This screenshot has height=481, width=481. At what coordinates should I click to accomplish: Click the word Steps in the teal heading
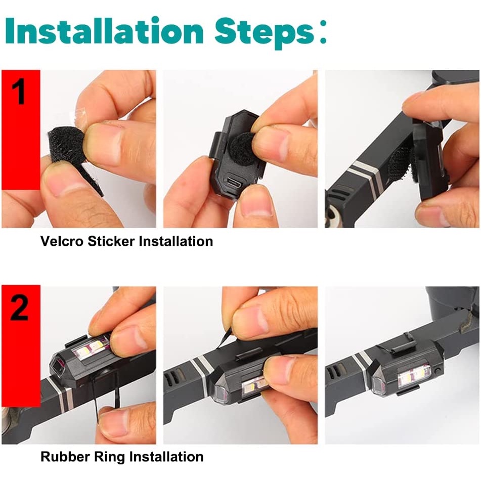click(265, 33)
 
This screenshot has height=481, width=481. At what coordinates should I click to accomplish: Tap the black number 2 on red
click(19, 307)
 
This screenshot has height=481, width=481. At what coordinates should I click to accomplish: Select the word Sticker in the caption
click(111, 241)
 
